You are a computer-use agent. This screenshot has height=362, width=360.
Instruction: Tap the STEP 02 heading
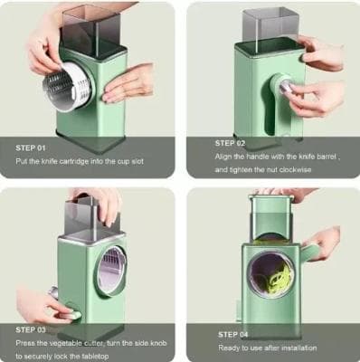click(x=231, y=142)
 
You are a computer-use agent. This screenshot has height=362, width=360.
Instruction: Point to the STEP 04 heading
click(x=233, y=334)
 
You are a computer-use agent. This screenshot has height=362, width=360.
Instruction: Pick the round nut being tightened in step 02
click(x=286, y=87)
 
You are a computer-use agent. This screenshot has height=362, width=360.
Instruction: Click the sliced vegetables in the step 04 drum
click(x=275, y=271)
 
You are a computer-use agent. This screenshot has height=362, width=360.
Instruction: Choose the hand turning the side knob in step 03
click(x=42, y=303)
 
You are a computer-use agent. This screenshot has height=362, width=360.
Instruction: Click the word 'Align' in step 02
click(x=223, y=157)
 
